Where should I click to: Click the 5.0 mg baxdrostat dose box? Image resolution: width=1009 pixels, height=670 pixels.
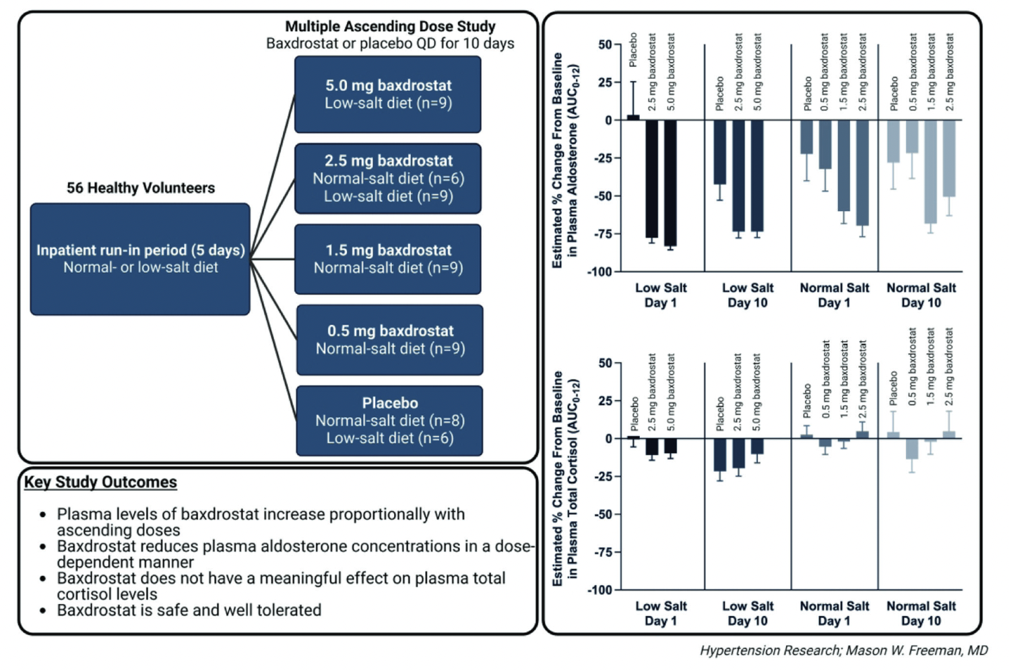tap(388, 94)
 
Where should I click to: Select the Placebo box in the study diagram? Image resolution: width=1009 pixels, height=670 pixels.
tap(389, 421)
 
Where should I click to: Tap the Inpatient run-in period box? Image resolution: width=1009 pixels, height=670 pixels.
tap(140, 259)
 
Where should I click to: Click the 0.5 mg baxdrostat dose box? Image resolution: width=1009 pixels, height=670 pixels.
tap(389, 340)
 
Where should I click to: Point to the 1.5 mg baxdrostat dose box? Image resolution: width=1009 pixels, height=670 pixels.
tap(388, 259)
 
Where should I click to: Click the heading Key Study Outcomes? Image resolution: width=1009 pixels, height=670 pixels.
tap(100, 482)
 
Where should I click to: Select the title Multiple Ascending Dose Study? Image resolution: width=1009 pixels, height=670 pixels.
tap(390, 26)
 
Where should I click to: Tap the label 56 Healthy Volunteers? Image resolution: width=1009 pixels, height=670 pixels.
tap(141, 188)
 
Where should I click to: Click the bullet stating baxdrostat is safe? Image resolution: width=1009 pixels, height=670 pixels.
tap(189, 610)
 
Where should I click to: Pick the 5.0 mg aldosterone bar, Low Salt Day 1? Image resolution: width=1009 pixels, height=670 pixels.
tap(670, 183)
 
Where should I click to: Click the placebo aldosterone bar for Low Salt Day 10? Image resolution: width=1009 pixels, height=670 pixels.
tap(719, 152)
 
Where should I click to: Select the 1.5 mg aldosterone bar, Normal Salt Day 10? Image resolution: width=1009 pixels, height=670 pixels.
tap(930, 172)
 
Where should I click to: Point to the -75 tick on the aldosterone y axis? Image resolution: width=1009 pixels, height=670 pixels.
tap(604, 234)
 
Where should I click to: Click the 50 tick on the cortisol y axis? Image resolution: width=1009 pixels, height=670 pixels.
tap(606, 363)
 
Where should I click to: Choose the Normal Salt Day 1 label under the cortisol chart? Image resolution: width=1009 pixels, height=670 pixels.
tap(834, 613)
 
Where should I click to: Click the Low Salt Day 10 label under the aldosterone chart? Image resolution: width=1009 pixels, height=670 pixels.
tap(748, 295)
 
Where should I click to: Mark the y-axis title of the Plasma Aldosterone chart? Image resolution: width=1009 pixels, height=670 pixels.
tap(565, 160)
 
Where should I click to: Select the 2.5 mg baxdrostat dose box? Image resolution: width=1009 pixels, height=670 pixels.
tap(388, 179)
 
